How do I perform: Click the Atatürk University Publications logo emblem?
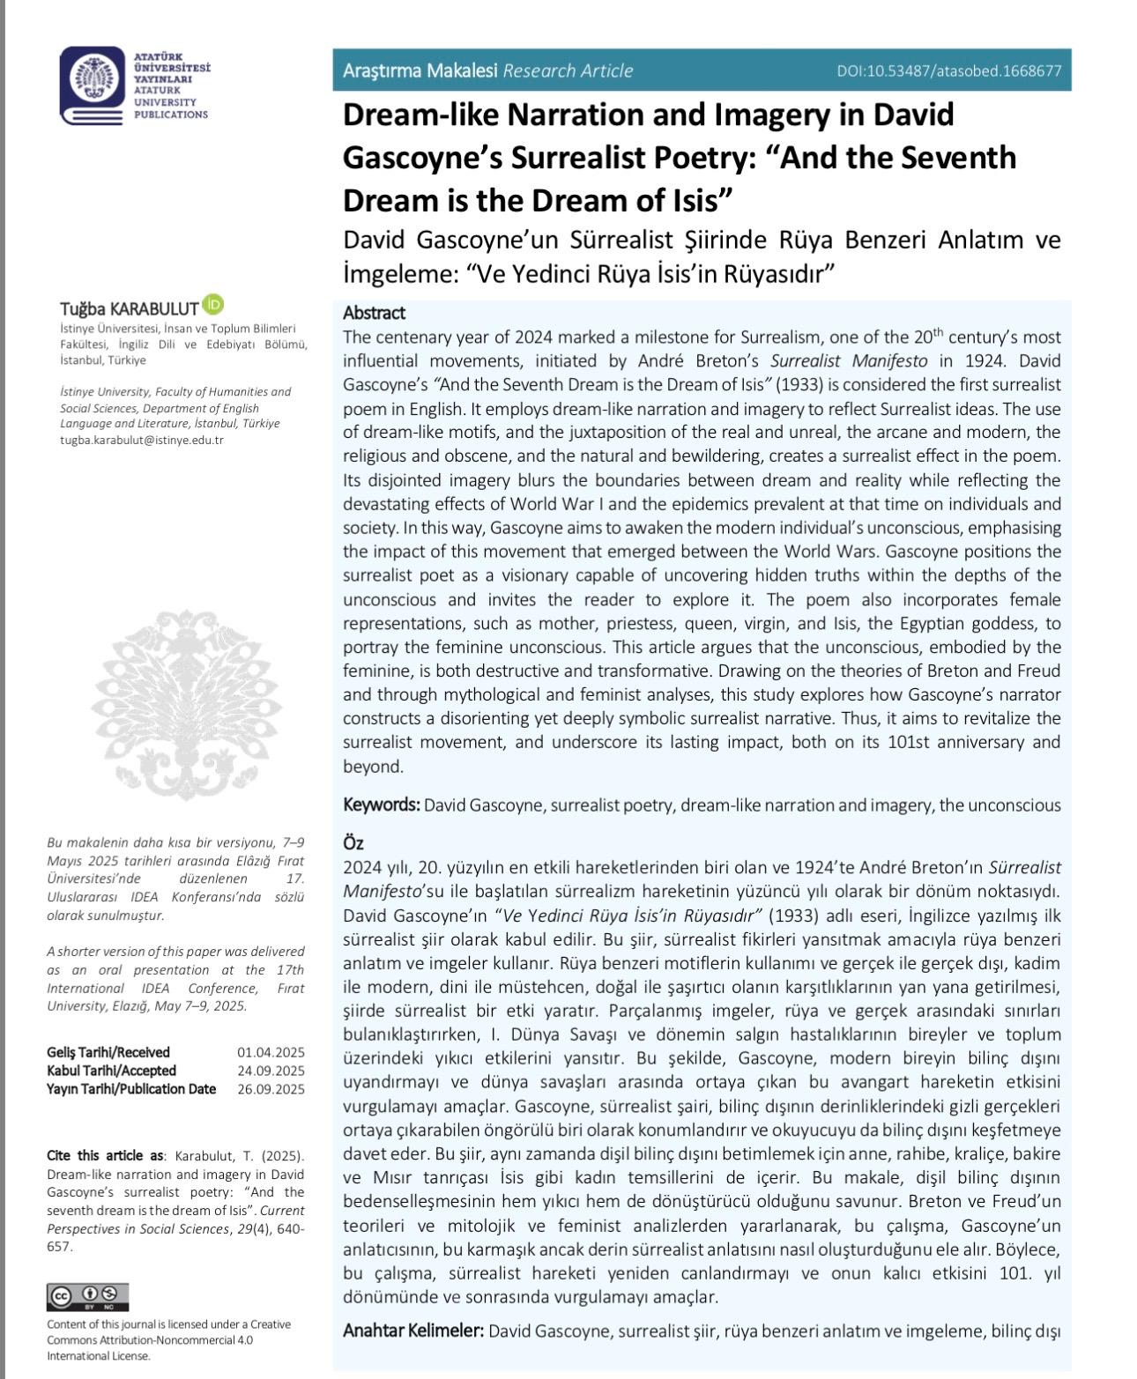(x=93, y=85)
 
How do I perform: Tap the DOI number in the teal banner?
(x=949, y=71)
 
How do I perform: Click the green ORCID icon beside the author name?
(x=212, y=305)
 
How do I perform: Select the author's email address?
(x=142, y=440)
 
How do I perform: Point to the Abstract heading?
(x=374, y=313)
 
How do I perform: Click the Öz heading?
(x=353, y=843)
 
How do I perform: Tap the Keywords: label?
(x=381, y=804)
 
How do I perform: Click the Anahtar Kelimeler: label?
(x=412, y=1330)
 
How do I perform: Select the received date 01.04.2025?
(x=271, y=1052)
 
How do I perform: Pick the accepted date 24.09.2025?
(x=271, y=1071)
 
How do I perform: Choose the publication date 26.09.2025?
(x=271, y=1089)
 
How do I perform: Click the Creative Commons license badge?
(x=87, y=1297)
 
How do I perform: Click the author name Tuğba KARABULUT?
(x=129, y=308)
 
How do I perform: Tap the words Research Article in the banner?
(x=568, y=71)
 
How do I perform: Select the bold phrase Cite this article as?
(x=105, y=1156)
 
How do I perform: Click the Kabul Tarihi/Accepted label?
(x=111, y=1071)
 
